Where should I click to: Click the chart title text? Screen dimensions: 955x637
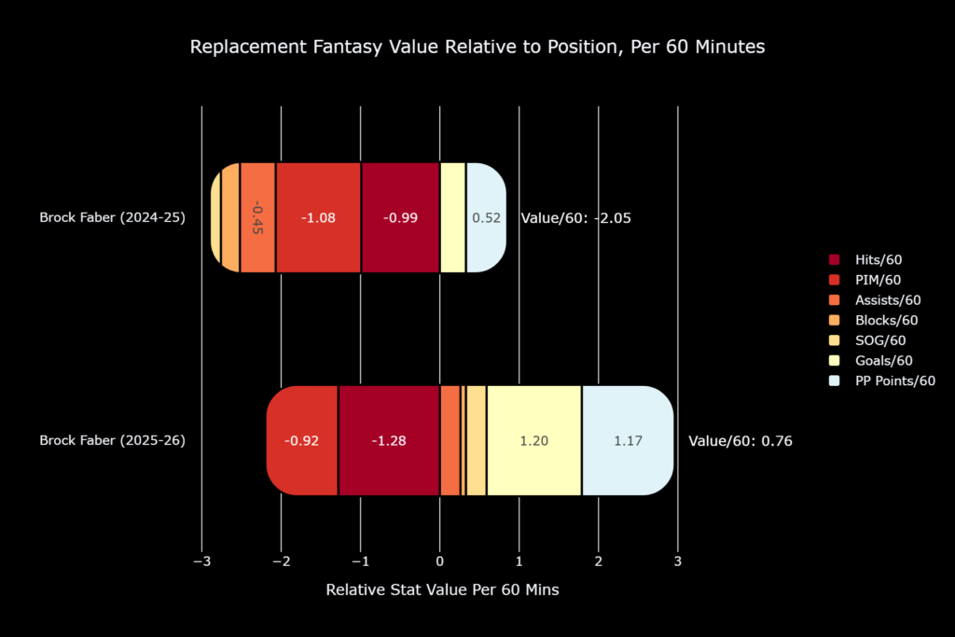(477, 47)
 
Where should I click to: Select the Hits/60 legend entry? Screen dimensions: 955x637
(865, 259)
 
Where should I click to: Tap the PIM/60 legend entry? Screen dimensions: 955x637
(865, 280)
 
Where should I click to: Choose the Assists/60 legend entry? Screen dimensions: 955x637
(875, 299)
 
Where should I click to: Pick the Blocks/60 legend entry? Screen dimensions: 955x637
(873, 320)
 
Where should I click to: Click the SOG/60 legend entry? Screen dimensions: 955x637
(866, 339)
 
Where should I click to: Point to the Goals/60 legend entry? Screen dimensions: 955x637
(870, 360)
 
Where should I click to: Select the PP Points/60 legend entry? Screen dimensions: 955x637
(881, 381)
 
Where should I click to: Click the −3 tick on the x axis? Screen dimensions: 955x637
(201, 561)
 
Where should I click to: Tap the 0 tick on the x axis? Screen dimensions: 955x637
(440, 561)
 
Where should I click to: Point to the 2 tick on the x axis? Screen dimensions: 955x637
(598, 561)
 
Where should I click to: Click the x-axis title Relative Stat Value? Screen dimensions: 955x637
(442, 589)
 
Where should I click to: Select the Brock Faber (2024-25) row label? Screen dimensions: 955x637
(113, 217)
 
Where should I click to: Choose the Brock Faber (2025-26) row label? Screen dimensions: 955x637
(113, 440)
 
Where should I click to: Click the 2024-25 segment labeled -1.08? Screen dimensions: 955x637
(318, 217)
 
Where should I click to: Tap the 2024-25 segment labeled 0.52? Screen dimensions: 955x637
(486, 217)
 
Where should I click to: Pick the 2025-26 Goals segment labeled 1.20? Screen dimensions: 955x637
(534, 440)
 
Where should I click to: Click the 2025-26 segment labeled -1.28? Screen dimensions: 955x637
(389, 440)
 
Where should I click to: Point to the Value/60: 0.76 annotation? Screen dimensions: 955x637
(740, 441)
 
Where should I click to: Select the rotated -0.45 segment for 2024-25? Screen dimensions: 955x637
(257, 217)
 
